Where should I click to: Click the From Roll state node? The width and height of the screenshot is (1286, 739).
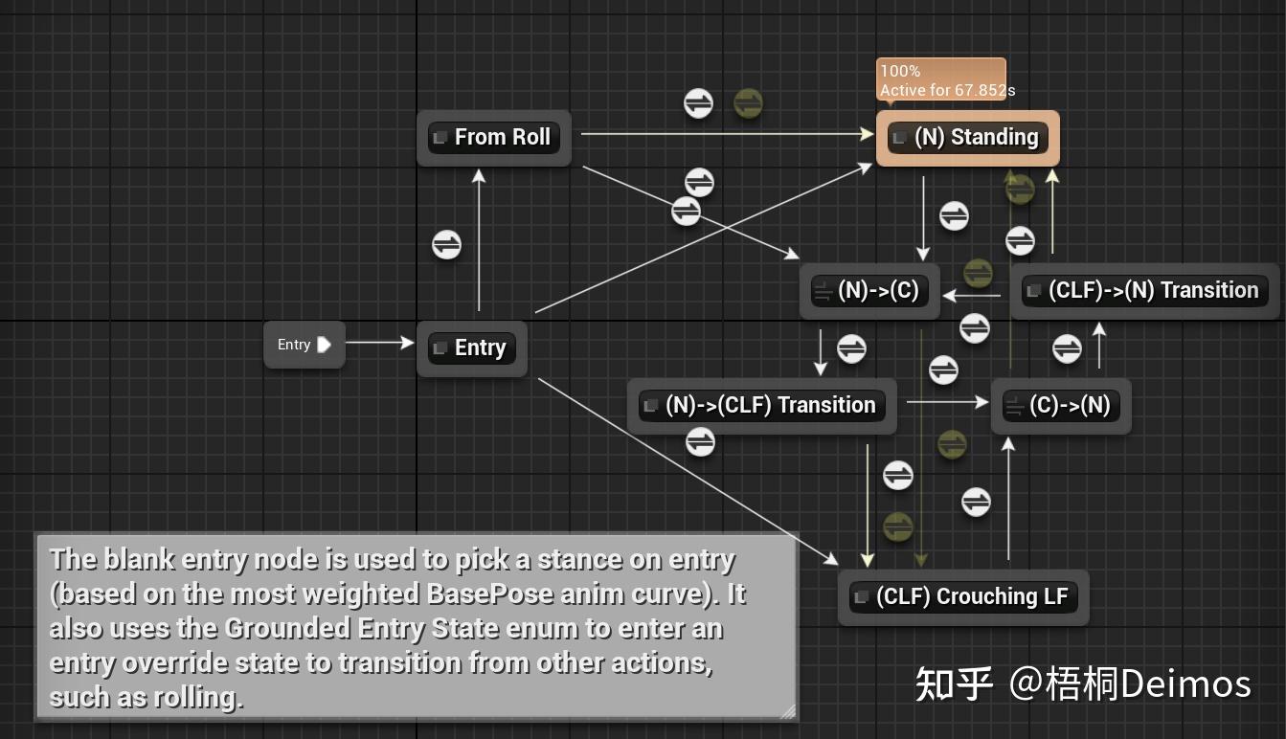coord(494,138)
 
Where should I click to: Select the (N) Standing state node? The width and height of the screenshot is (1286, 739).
coord(968,138)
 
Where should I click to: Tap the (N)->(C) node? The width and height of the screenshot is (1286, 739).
coord(870,291)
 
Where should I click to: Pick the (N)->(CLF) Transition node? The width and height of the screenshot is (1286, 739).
coord(761,406)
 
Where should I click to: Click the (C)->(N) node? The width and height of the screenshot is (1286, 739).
coord(1061,406)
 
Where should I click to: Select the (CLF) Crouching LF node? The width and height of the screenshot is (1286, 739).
coord(962,597)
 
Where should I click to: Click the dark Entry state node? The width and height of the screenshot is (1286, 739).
coord(471,348)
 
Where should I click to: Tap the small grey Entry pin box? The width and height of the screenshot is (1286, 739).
coord(304,345)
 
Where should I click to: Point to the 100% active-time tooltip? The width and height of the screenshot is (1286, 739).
coord(941,80)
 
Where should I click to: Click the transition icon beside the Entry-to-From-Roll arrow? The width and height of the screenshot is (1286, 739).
coord(446,245)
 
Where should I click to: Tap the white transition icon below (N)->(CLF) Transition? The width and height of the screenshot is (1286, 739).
coord(700,441)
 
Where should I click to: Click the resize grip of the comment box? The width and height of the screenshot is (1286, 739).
coord(787,710)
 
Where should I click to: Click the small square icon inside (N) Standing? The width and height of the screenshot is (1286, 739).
coord(899,138)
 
